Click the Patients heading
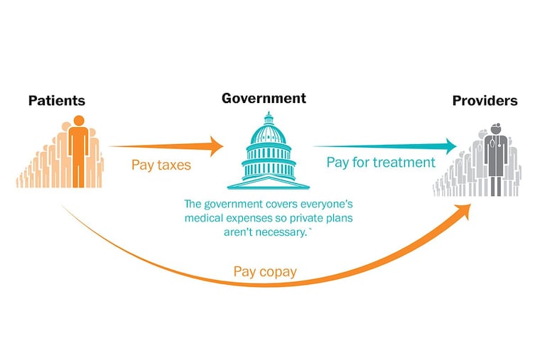pyautogui.click(x=57, y=101)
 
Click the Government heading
pyautogui.click(x=264, y=99)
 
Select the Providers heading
pyautogui.click(x=485, y=101)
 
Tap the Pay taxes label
pyautogui.click(x=161, y=165)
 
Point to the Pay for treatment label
pyautogui.click(x=381, y=163)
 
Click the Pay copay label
pyautogui.click(x=265, y=272)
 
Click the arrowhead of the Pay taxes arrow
pyautogui.click(x=216, y=146)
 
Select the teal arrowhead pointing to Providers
pyautogui.click(x=450, y=146)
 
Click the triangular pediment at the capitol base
pyautogui.click(x=269, y=182)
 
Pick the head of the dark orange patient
pyautogui.click(x=79, y=121)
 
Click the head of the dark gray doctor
pyautogui.click(x=496, y=129)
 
